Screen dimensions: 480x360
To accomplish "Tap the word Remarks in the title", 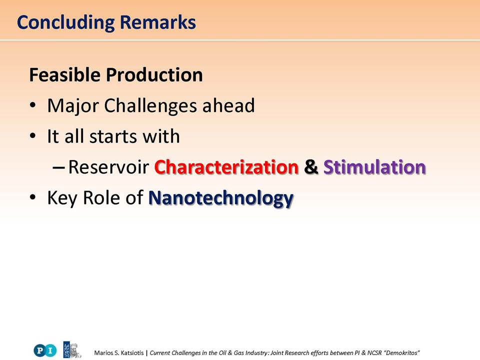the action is pyautogui.click(x=157, y=22).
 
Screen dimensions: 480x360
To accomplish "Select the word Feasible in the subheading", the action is pyautogui.click(x=64, y=74).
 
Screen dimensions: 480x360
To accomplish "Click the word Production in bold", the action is pyautogui.click(x=154, y=74).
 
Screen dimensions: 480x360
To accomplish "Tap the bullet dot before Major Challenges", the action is pyautogui.click(x=33, y=105).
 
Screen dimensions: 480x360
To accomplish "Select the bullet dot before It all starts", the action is pyautogui.click(x=33, y=136).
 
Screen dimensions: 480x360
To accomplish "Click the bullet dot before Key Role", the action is pyautogui.click(x=33, y=197).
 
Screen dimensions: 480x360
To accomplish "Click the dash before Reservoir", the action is pyautogui.click(x=58, y=167).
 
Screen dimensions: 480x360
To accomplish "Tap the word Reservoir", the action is pyautogui.click(x=108, y=167).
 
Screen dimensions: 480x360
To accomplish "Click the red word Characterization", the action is pyautogui.click(x=226, y=167).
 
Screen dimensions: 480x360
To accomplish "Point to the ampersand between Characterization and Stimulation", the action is pyautogui.click(x=311, y=167).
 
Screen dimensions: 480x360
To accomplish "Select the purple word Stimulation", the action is pyautogui.click(x=374, y=167).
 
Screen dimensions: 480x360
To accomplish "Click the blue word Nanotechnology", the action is pyautogui.click(x=221, y=198).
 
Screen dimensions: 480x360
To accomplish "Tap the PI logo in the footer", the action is pyautogui.click(x=45, y=350).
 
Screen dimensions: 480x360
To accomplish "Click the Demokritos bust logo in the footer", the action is pyautogui.click(x=72, y=350).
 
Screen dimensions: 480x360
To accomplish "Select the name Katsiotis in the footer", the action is pyautogui.click(x=131, y=353).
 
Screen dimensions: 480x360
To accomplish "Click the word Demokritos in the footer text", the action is pyautogui.click(x=401, y=353).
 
